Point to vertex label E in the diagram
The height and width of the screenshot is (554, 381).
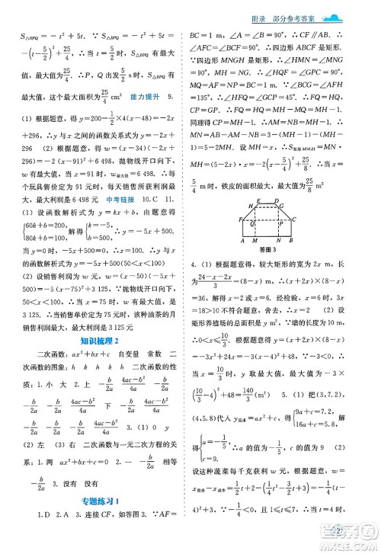pos(259,226)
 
